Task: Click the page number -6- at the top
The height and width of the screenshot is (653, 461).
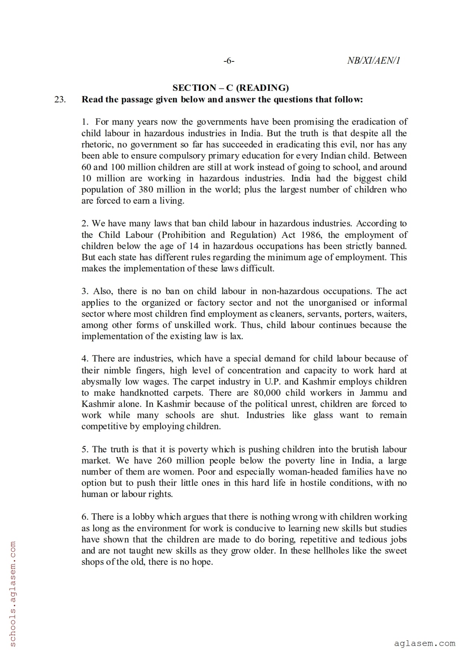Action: click(x=229, y=61)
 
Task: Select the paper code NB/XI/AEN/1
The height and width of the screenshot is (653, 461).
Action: click(x=373, y=61)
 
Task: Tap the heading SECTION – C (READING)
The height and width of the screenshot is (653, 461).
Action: click(x=230, y=88)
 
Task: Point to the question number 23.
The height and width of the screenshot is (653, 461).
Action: click(x=60, y=99)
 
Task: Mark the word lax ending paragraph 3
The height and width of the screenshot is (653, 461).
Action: click(x=236, y=336)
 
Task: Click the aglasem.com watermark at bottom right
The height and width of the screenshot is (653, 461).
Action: click(x=424, y=643)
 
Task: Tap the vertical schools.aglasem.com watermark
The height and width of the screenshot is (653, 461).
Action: click(x=13, y=595)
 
